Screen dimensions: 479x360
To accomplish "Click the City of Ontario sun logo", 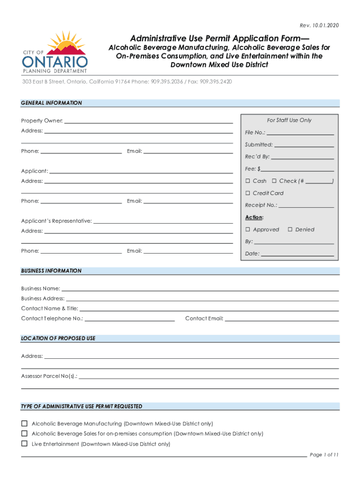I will (54, 51).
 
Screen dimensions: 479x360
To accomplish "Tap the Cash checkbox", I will (248, 181).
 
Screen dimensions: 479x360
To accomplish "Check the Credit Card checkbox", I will (248, 193).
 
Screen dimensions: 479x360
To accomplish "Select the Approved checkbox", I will (248, 230).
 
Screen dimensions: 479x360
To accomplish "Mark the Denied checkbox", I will (290, 230).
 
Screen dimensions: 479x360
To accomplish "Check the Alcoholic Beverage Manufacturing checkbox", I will (24, 424).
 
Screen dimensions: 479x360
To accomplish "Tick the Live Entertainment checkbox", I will (24, 444).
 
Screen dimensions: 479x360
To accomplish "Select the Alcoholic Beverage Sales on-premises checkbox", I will (24, 434).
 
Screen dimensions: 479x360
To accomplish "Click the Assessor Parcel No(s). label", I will (50, 376).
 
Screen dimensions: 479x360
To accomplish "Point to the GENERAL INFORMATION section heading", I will (51, 103).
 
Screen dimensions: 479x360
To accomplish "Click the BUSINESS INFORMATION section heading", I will (51, 271).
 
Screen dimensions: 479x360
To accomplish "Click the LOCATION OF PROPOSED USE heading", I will (58, 338).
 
